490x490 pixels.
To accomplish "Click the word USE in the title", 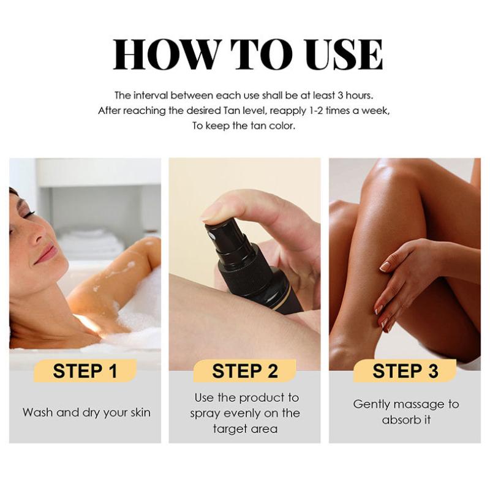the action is click(344, 55).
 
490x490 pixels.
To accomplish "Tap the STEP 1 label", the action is click(85, 371).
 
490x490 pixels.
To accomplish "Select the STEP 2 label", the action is click(244, 371).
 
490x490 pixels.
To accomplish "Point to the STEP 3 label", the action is click(405, 371).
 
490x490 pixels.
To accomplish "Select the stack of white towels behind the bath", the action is click(91, 243).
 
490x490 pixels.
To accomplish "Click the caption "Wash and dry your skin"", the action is click(86, 412).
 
